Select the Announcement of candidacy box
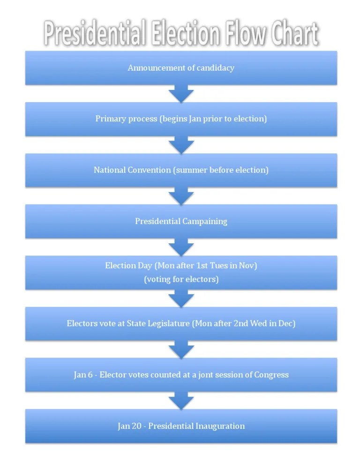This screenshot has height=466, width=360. click(181, 68)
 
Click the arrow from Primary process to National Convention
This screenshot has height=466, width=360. click(181, 145)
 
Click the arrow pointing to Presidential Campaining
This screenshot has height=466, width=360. click(181, 196)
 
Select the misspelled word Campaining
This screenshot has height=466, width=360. click(204, 221)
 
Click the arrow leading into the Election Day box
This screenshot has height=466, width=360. click(181, 247)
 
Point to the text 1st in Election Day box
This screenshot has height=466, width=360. click(202, 265)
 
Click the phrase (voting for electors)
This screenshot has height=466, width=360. click(181, 279)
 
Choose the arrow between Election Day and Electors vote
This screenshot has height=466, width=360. click(181, 298)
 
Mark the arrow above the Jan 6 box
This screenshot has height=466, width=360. click(181, 350)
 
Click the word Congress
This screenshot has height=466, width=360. click(271, 375)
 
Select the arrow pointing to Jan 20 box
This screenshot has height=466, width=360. click(181, 401)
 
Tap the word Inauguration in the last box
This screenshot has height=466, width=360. click(220, 426)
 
